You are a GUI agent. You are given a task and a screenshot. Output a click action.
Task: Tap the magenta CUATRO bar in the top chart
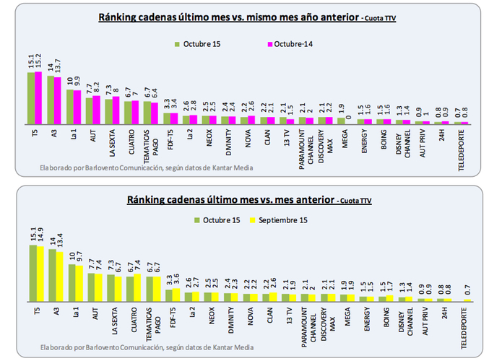click(x=134, y=113)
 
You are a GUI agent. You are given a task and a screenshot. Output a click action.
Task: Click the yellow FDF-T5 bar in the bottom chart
click(x=176, y=295)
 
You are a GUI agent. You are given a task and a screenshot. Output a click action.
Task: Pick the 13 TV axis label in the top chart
click(x=288, y=135)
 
